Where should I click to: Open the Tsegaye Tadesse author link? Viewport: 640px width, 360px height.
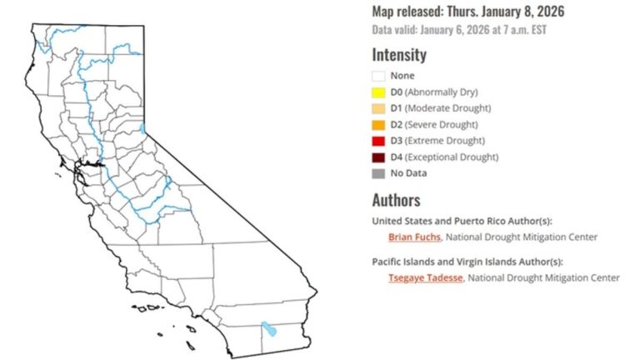tap(422, 277)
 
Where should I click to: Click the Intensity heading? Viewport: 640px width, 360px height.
tap(399, 56)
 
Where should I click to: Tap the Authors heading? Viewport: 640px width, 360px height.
tap(396, 200)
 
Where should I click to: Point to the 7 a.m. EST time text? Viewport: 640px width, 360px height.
tap(519, 30)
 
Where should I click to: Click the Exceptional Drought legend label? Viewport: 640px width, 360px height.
tap(458, 157)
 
